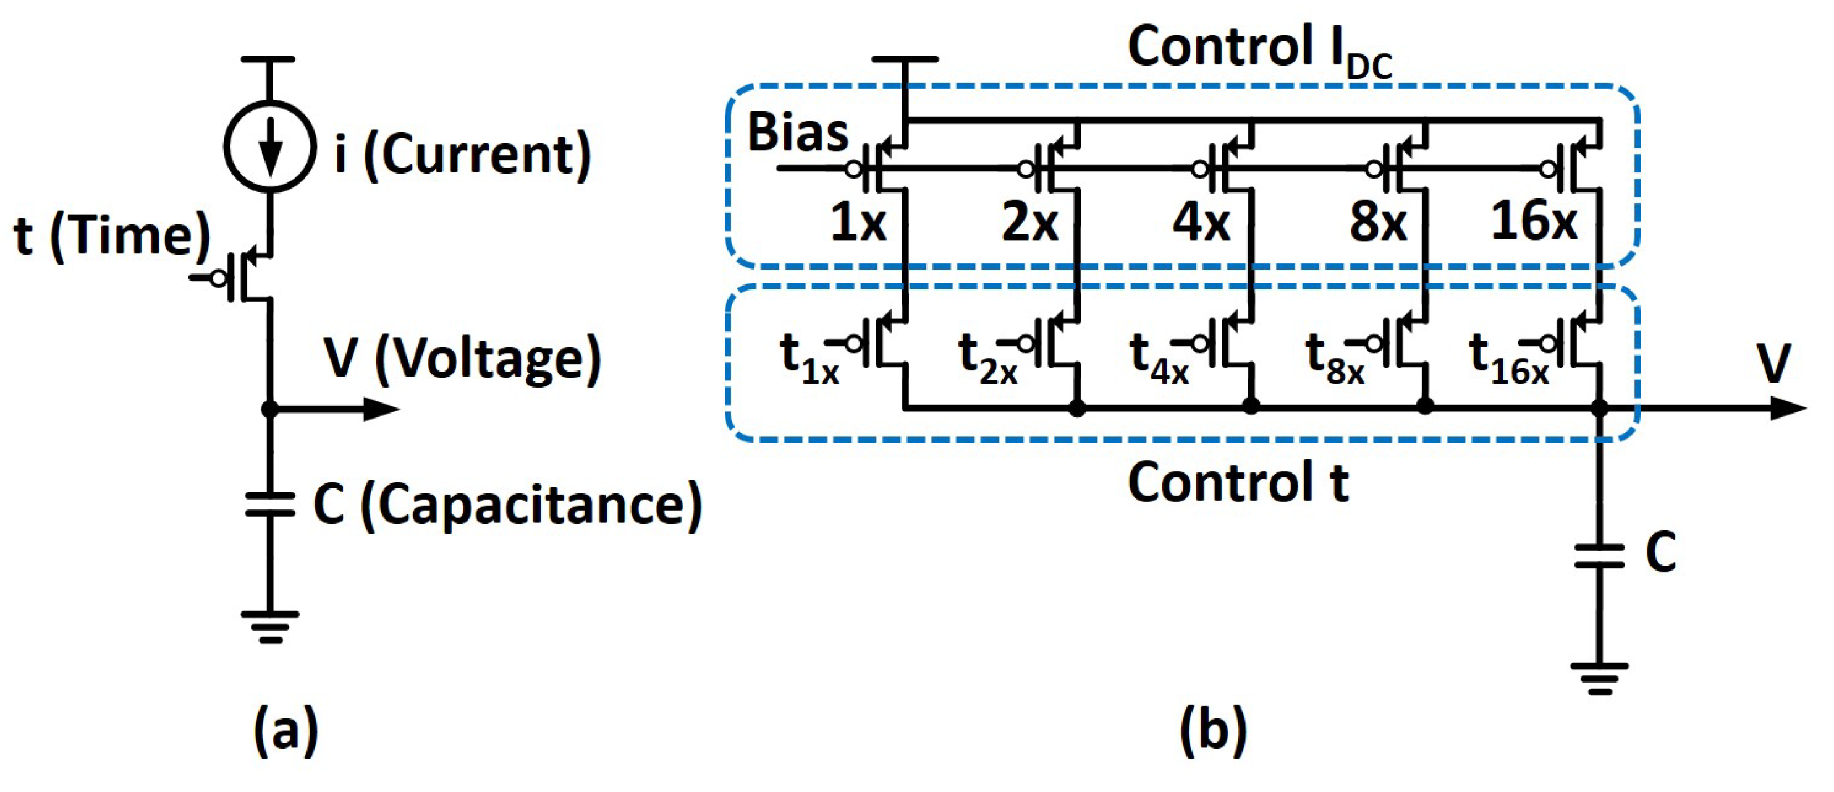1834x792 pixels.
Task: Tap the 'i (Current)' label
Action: pos(463,155)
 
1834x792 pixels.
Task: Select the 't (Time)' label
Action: pos(112,236)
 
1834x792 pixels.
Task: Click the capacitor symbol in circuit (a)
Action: pos(270,503)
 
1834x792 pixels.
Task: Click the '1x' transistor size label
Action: pos(858,222)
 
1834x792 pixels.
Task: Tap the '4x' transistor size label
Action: pos(1201,222)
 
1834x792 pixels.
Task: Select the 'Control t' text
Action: pos(1238,482)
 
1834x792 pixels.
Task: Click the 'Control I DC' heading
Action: pos(1260,50)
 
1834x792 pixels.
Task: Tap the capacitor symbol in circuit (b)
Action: pos(1599,556)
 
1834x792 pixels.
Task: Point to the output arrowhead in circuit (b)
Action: pos(1788,408)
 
